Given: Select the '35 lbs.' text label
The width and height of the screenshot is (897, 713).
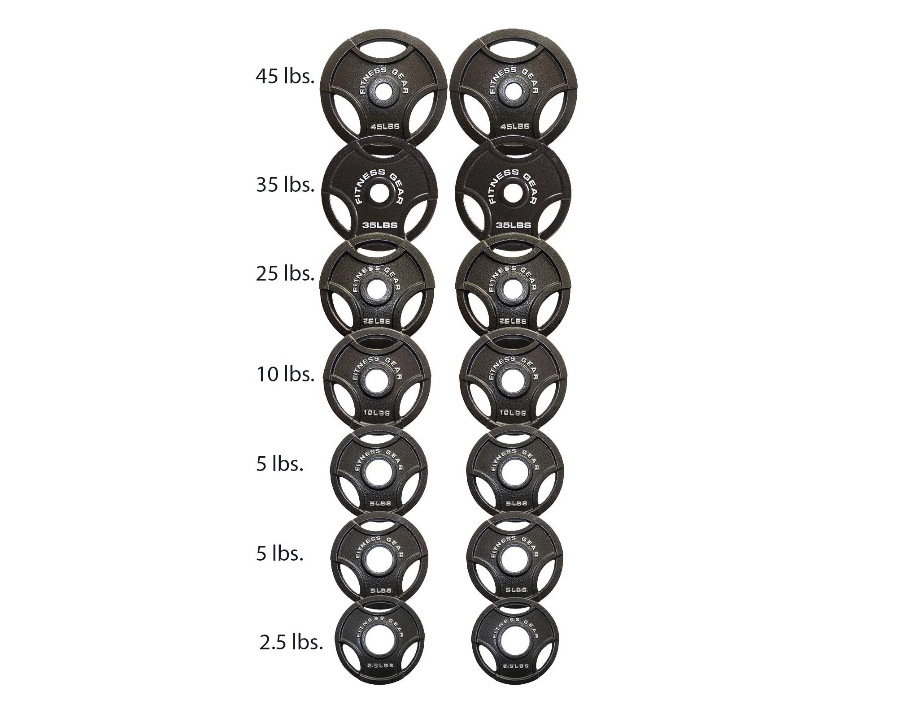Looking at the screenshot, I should tap(285, 185).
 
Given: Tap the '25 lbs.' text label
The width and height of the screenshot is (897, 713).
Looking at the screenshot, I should tap(285, 274).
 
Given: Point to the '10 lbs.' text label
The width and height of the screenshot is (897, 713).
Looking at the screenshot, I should tap(285, 374).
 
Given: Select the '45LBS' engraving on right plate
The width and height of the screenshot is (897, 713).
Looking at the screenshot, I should tap(514, 126).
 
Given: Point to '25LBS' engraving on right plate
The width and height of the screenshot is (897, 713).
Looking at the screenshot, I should tap(512, 321).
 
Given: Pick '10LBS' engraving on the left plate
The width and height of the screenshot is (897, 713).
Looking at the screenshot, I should tap(376, 413).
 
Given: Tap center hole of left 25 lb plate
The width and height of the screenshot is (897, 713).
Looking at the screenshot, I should tap(376, 290).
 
